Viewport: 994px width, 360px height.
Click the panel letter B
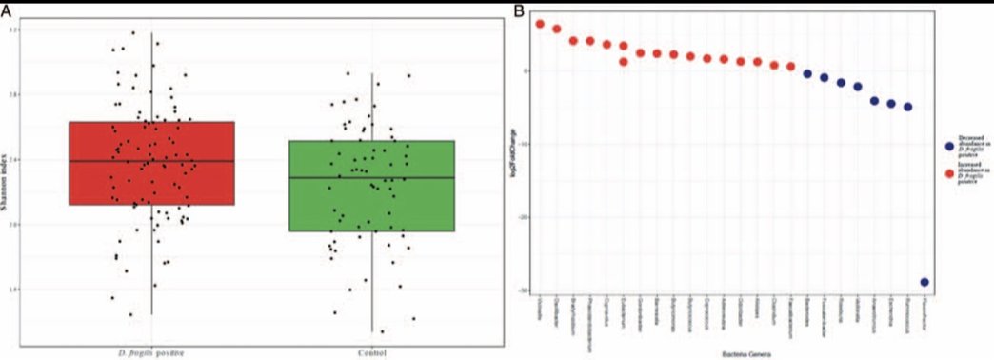[x=520, y=10]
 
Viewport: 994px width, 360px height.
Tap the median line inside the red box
[x=151, y=161]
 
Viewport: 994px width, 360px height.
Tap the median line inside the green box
[x=371, y=178]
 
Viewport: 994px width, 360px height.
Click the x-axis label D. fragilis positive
[x=151, y=352]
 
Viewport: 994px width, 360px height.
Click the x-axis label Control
[x=371, y=352]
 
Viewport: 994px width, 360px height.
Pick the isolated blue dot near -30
[x=924, y=282]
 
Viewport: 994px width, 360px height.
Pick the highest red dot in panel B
[x=540, y=24]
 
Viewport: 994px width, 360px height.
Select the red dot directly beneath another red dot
[x=624, y=62]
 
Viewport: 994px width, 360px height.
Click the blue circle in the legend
[x=949, y=147]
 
